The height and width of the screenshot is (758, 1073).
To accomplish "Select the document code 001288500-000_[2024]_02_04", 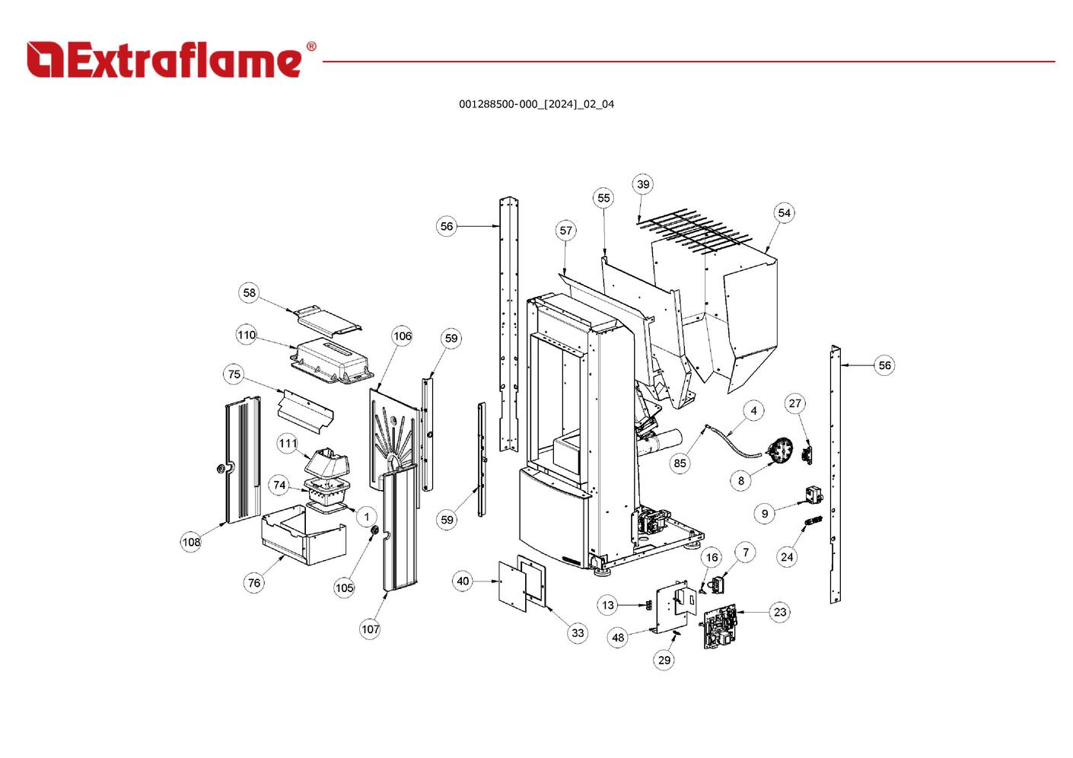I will pos(536,104).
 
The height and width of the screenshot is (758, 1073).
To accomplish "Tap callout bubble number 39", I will pos(643,184).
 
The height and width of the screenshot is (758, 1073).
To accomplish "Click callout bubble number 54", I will pos(784,213).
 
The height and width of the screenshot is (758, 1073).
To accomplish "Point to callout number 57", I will pos(565,231).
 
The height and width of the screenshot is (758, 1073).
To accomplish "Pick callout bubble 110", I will pos(247,335).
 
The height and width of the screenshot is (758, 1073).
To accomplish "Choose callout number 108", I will pos(191,542).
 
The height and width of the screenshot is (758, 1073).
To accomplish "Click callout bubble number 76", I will pos(254,583).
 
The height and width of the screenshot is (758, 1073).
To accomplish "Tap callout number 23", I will pos(779,612).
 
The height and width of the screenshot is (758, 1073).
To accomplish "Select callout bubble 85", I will pos(680,463).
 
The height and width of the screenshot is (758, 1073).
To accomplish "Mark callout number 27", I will pos(794,403).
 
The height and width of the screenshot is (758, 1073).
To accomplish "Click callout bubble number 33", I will pos(578,632).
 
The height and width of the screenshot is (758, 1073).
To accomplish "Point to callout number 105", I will pos(345,588).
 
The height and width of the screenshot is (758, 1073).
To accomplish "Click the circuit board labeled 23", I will pos(720,628).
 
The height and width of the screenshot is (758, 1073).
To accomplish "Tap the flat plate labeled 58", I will pos(328,317).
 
